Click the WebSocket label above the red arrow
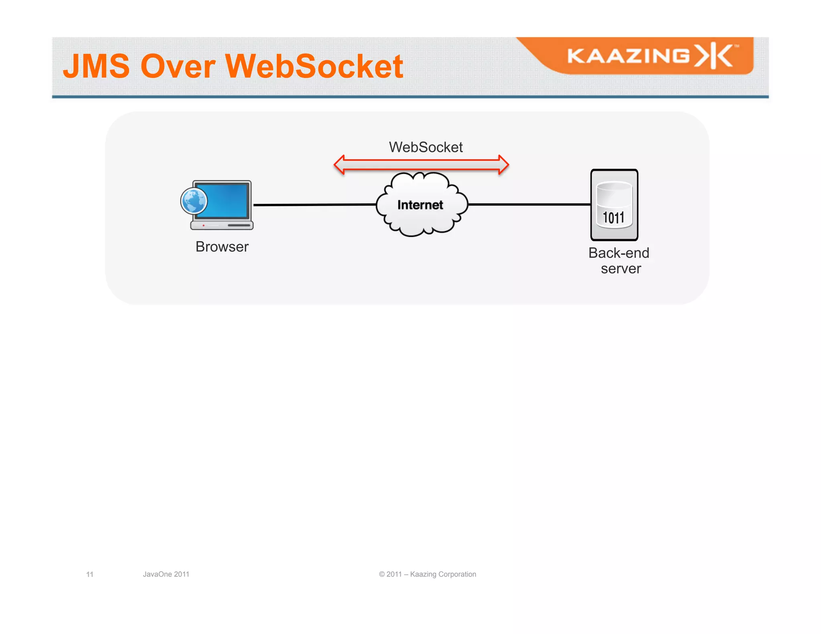tap(426, 147)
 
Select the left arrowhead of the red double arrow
tap(340, 165)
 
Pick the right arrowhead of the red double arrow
tap(503, 165)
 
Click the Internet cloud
tap(421, 205)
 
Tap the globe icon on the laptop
tap(194, 201)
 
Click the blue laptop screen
tap(227, 200)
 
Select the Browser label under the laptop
tap(222, 247)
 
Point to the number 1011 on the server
tap(614, 218)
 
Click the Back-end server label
tap(619, 261)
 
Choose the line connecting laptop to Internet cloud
tap(315, 205)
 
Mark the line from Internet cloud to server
tap(529, 204)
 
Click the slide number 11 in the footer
tap(90, 574)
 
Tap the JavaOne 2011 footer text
tap(166, 574)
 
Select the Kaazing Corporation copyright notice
tap(427, 574)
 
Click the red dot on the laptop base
tap(204, 226)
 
